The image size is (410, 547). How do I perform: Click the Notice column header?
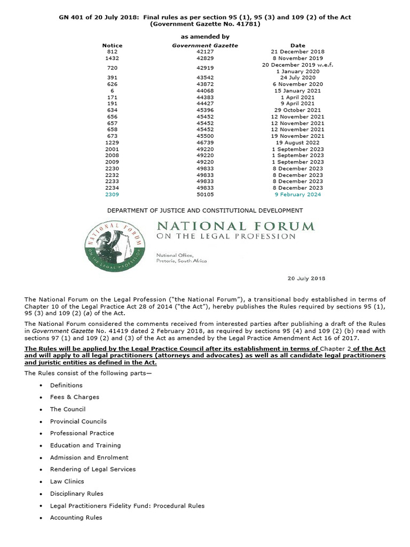click(112, 45)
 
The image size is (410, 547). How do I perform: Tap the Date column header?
click(298, 45)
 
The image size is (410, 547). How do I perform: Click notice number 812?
click(112, 51)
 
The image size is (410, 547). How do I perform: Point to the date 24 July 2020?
click(298, 77)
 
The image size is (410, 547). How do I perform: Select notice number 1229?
click(112, 143)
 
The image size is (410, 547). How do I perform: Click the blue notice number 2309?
click(112, 195)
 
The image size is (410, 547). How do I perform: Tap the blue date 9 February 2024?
click(298, 195)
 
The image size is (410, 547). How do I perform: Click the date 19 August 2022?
click(298, 143)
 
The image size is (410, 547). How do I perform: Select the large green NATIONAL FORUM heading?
click(235, 226)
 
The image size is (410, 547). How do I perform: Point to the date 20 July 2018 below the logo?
click(306, 278)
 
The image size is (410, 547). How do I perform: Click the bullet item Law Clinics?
click(67, 481)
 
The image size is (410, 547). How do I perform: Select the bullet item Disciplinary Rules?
click(77, 494)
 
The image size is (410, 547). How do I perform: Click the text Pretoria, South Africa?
click(182, 261)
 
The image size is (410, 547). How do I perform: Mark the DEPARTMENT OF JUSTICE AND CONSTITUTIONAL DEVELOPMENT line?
click(205, 210)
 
